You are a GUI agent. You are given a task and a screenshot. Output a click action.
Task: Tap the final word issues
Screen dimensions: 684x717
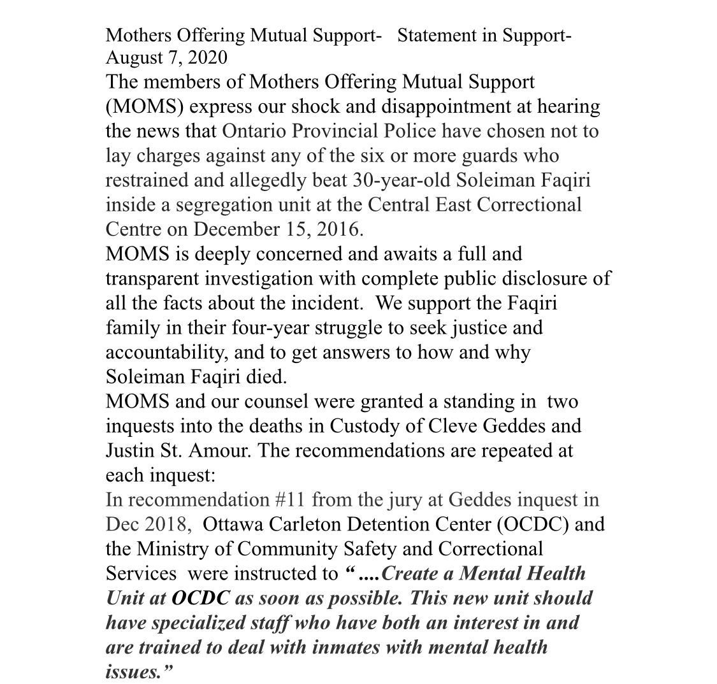(131, 671)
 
